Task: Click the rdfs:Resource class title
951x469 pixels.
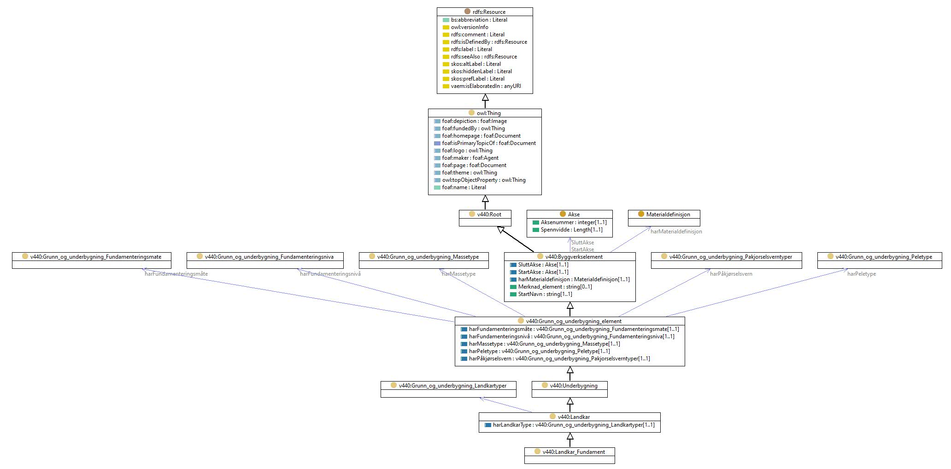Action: pos(489,12)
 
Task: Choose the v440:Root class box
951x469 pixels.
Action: pos(485,218)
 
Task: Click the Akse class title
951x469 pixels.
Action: pos(574,214)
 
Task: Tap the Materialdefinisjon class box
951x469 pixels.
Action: pos(664,218)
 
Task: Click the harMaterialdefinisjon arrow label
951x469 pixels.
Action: pos(676,232)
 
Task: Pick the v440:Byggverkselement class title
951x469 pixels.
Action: pos(574,257)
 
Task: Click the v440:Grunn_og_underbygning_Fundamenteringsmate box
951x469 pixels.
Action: pos(92,261)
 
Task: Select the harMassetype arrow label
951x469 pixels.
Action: pos(458,274)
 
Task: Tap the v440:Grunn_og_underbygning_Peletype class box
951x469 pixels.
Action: pos(880,261)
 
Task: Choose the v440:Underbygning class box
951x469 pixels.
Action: pos(569,389)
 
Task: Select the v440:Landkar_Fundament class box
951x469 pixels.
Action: pos(569,456)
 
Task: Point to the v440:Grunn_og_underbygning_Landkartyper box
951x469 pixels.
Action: pos(448,389)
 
